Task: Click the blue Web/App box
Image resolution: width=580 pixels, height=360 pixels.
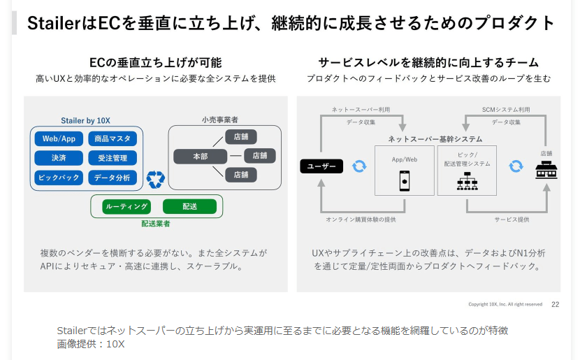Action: coord(59,138)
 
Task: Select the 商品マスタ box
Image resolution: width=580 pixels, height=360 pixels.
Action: coord(113,138)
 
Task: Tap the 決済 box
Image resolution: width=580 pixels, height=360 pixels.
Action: coord(59,158)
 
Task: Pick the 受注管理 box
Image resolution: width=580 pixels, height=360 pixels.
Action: coord(113,158)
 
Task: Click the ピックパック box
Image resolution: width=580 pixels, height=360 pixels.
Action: coord(59,178)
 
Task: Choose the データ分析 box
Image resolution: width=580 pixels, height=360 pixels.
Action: coord(113,178)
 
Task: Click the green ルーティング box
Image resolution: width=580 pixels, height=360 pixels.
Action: coord(126,206)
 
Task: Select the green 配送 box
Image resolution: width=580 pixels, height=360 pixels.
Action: coord(189,206)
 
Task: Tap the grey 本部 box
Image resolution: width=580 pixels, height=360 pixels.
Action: coord(200,157)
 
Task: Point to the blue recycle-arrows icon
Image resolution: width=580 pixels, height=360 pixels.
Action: coord(155,180)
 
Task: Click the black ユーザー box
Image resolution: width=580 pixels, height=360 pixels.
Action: coord(321,166)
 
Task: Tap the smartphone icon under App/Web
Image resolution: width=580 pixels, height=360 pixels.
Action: coord(404,181)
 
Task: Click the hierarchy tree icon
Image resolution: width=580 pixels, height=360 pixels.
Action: coord(466,181)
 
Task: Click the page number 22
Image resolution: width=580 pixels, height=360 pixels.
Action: coord(556,304)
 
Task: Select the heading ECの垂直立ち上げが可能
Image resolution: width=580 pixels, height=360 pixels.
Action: coord(156,62)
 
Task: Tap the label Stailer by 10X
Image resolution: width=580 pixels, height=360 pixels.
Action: coord(86,121)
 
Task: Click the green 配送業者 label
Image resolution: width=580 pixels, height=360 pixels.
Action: coord(156,224)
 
